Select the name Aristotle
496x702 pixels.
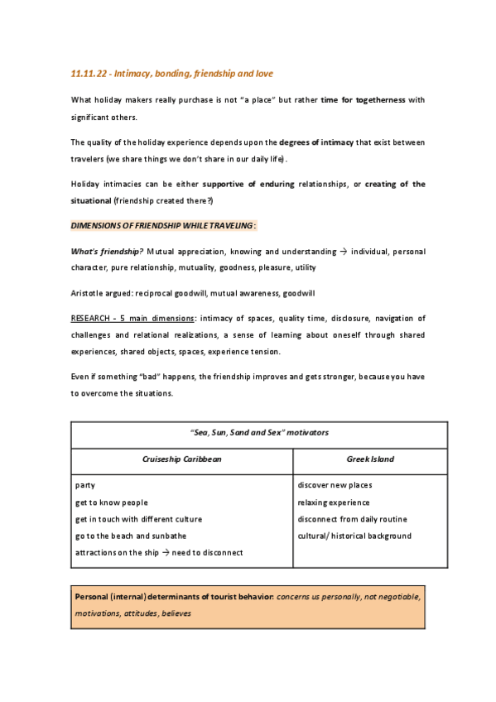coord(88,293)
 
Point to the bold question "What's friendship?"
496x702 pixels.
coord(107,251)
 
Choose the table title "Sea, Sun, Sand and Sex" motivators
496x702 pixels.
coord(259,432)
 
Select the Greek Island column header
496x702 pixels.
coord(370,458)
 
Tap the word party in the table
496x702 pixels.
coord(85,485)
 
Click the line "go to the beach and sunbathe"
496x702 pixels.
coord(131,536)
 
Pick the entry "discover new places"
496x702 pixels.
coord(335,485)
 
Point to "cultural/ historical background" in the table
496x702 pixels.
coord(354,536)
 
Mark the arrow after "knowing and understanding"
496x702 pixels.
coord(342,251)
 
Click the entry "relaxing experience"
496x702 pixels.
coord(334,502)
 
